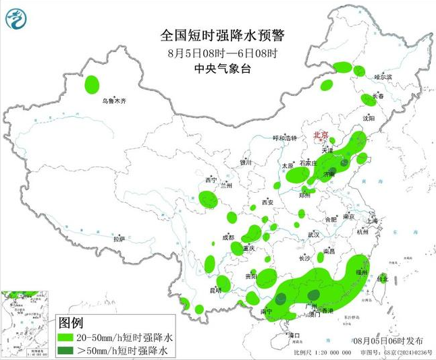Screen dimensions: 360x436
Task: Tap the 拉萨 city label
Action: pyautogui.click(x=119, y=239)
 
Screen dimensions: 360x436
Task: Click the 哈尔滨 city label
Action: pyautogui.click(x=383, y=77)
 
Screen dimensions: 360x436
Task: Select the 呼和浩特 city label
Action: pyautogui.click(x=284, y=138)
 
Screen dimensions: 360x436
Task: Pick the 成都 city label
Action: pyautogui.click(x=227, y=237)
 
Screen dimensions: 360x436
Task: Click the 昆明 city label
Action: pyautogui.click(x=215, y=290)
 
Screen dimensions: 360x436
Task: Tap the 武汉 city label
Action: pyautogui.click(x=313, y=235)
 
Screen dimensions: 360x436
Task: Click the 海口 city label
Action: pyautogui.click(x=294, y=334)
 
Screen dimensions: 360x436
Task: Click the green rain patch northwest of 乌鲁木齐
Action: pyautogui.click(x=92, y=84)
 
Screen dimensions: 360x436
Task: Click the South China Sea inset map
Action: pyautogui.click(x=26, y=324)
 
